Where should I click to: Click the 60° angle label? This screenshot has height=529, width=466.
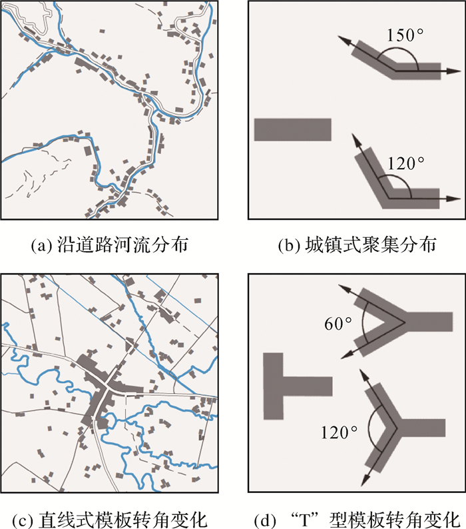coord(339,325)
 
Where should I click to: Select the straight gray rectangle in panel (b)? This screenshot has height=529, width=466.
coord(292,129)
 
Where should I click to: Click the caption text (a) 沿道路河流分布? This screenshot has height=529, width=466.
coord(111,245)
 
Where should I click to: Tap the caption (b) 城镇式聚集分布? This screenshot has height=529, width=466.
coord(357,245)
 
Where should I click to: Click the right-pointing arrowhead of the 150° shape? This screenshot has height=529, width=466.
coord(457,69)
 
